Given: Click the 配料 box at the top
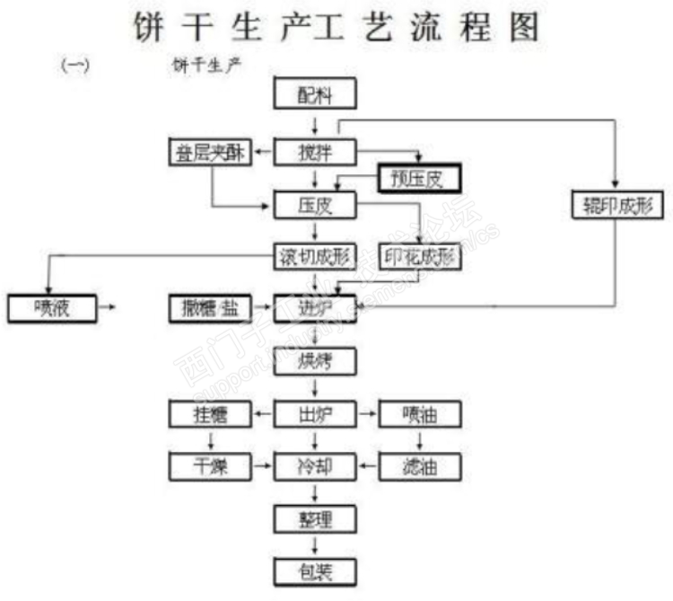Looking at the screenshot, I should pos(315,94).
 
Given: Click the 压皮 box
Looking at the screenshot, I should pos(315,205).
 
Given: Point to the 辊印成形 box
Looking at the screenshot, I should pos(616,205).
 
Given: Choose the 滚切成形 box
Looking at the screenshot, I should pos(315,257).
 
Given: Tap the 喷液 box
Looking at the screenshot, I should pos(51,308).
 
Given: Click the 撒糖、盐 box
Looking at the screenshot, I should pos(210,308).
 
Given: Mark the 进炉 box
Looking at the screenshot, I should pos(315,308).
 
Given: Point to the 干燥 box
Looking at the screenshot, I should pos(210,466).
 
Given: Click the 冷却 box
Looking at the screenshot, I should pos(315,466).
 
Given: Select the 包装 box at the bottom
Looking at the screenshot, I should pos(315,570).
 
